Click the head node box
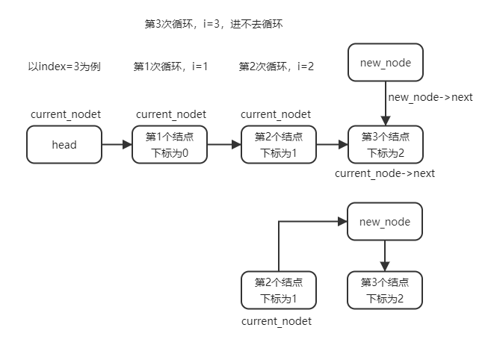[x=64, y=145]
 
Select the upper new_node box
[x=385, y=63]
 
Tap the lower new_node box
[x=385, y=222]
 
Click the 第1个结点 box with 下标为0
[x=170, y=145]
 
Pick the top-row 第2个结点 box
[x=279, y=145]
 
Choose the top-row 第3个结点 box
[x=385, y=145]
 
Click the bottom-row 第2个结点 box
[x=279, y=291]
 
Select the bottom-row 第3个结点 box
[x=385, y=291]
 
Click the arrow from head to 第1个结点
[x=116, y=145]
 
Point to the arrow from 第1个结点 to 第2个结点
[x=224, y=145]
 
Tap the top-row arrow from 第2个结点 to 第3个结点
[x=332, y=145]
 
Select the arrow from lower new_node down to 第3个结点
[x=385, y=256]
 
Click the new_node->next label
[x=430, y=97]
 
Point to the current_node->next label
[x=385, y=173]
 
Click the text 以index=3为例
[x=64, y=66]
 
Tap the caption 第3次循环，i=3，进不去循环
[x=213, y=24]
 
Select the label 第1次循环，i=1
[x=170, y=66]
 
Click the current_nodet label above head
[x=66, y=114]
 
